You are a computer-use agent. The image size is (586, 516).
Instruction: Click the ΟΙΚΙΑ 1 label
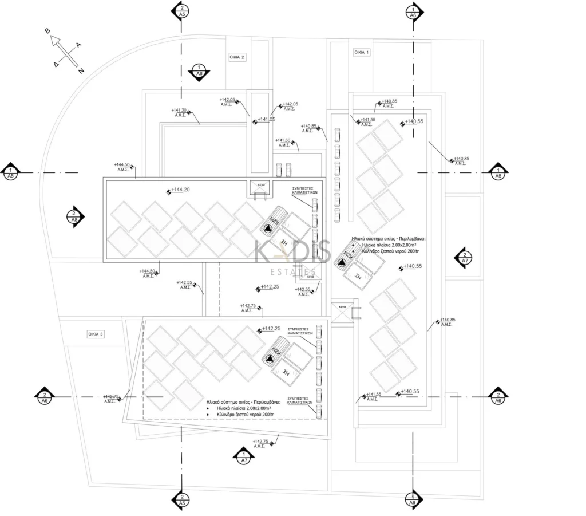[x=362, y=52]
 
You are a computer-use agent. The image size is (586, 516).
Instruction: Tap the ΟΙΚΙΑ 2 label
[x=237, y=57]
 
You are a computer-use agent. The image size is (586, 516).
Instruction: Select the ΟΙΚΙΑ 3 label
[x=96, y=334]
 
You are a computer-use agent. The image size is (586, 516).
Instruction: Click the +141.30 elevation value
[x=179, y=110]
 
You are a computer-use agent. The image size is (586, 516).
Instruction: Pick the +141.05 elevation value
[x=266, y=120]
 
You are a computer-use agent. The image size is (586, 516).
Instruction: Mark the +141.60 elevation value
[x=283, y=140]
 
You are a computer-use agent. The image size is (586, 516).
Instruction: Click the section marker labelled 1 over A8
[x=199, y=71]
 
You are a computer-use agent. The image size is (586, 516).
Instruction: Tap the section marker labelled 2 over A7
[x=465, y=258]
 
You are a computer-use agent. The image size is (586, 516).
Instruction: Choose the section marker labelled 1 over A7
[x=244, y=457]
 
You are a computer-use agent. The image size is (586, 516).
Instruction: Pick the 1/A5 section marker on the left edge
[x=10, y=172]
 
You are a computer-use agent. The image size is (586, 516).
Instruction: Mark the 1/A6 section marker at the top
[x=413, y=11]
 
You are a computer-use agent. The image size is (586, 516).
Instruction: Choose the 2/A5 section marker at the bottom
[x=181, y=499]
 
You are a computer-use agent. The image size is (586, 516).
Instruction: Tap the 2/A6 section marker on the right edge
[x=498, y=397]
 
